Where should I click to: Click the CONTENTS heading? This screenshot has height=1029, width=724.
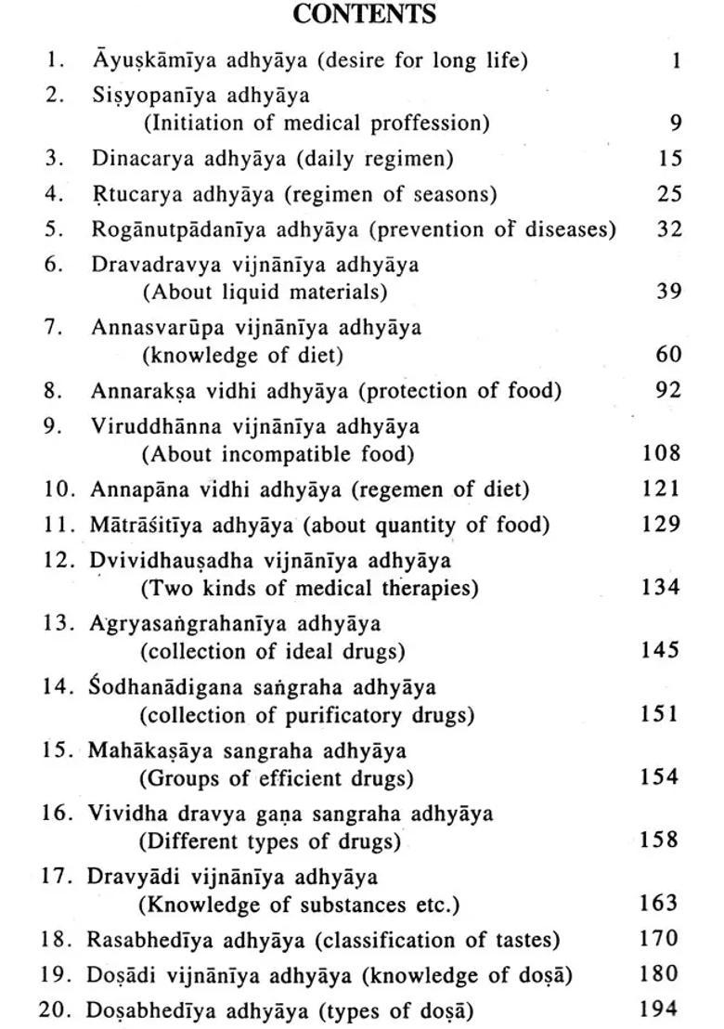(x=364, y=15)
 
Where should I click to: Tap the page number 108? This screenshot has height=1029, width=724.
(x=661, y=453)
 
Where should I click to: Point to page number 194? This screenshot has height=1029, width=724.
(x=660, y=1008)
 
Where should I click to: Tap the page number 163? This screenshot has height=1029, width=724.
(x=660, y=902)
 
